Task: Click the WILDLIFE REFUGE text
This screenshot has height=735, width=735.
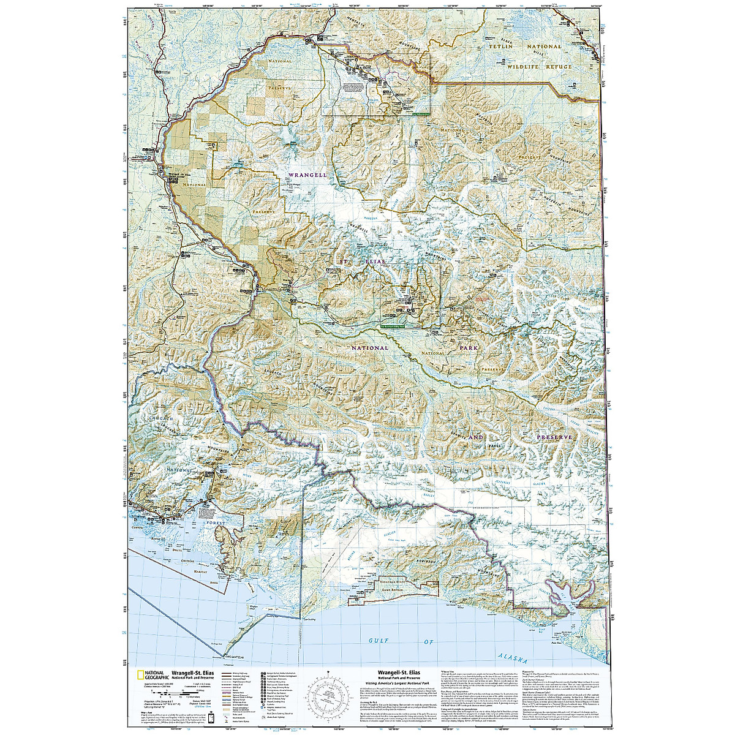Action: [538, 66]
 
